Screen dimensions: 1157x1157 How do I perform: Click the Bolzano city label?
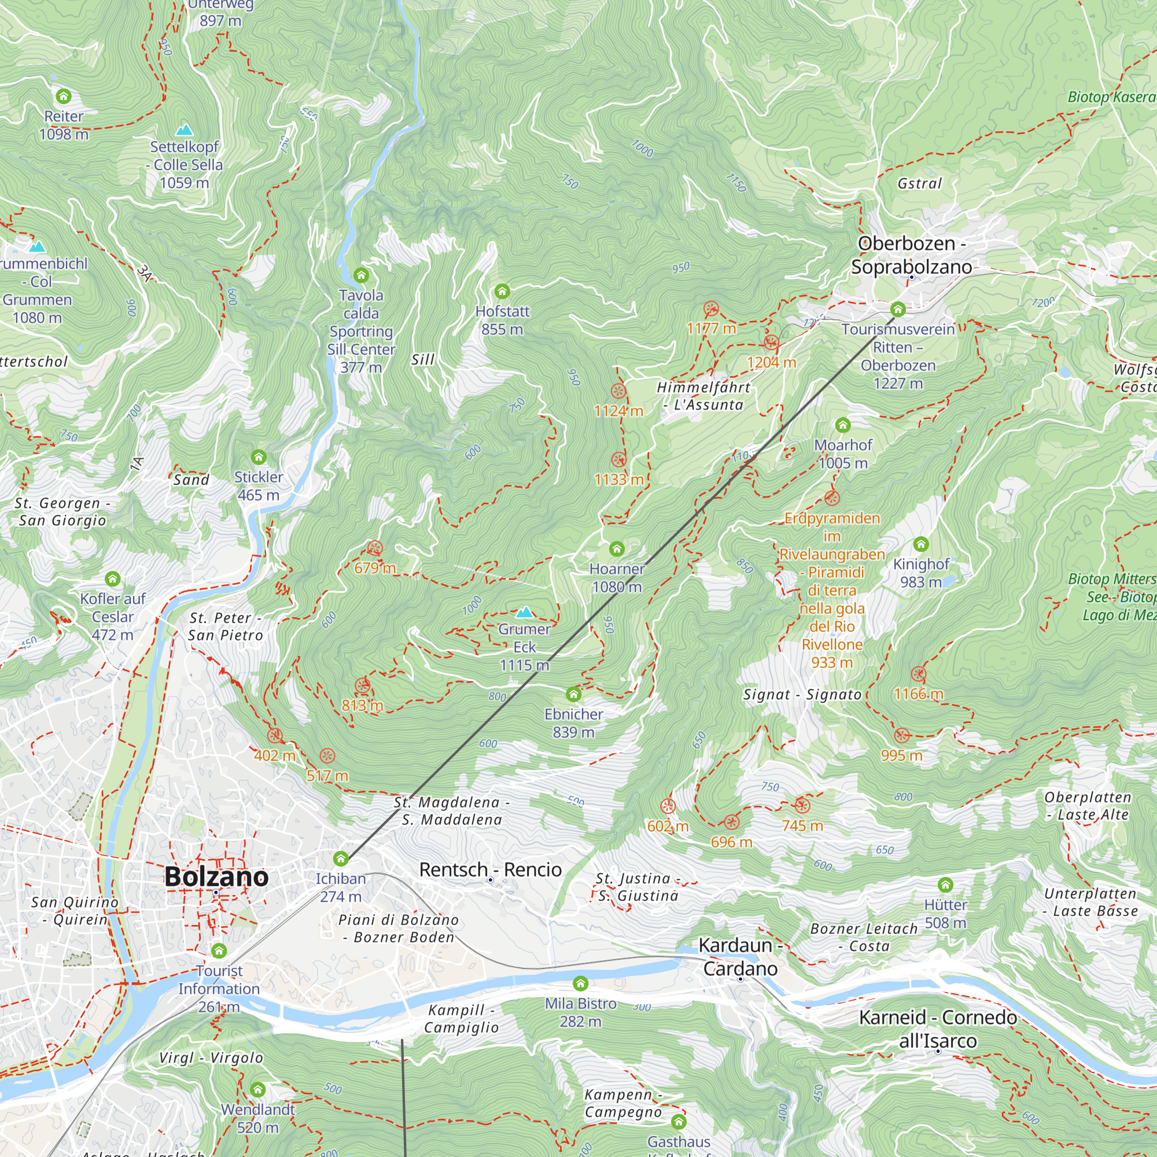(216, 877)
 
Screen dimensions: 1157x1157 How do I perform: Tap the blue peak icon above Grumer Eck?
(525, 611)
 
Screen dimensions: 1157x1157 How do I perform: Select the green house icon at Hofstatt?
(502, 292)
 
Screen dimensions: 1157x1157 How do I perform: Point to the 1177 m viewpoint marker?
(711, 309)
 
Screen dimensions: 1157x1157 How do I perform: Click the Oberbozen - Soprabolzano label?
(911, 255)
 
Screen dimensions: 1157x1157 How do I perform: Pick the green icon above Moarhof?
(843, 425)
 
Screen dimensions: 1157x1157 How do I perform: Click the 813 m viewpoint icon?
(362, 686)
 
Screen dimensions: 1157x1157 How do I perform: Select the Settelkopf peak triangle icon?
(184, 130)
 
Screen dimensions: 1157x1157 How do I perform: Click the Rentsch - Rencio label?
(490, 869)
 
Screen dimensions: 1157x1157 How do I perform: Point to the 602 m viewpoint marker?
(668, 806)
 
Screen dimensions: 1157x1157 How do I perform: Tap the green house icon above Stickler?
(259, 458)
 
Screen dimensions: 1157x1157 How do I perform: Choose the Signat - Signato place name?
(802, 695)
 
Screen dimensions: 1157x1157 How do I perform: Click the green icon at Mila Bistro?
(580, 984)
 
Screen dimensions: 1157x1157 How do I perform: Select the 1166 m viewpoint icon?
(918, 675)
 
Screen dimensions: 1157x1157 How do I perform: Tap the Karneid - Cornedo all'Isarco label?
(937, 1029)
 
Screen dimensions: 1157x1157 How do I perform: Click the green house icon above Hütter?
(945, 885)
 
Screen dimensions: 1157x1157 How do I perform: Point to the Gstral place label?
(919, 184)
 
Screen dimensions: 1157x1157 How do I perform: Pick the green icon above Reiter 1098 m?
(64, 97)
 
